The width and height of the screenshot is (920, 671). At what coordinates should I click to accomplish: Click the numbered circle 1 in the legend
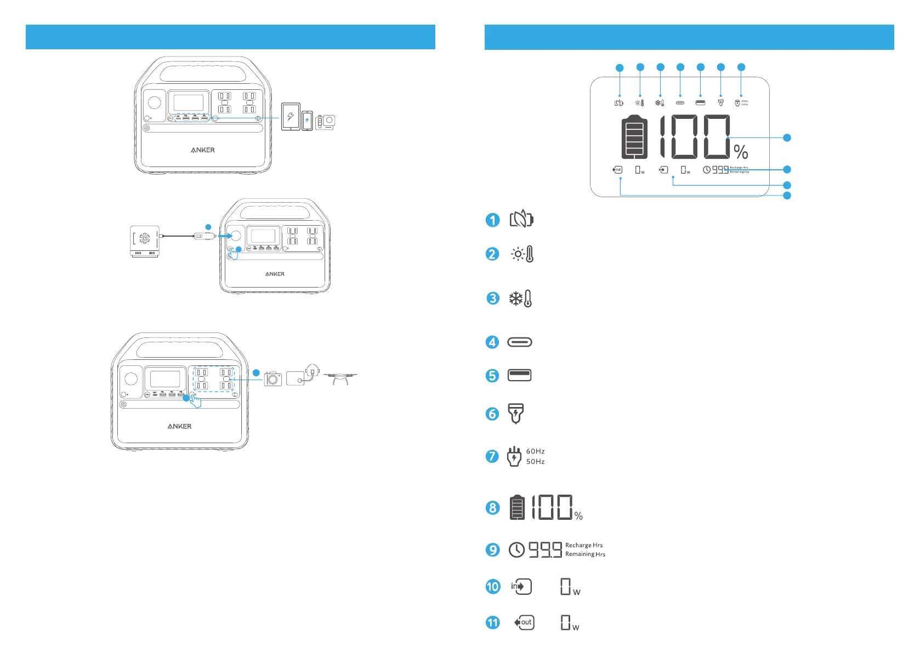tap(493, 220)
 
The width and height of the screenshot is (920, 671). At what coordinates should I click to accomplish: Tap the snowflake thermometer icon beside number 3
tap(521, 299)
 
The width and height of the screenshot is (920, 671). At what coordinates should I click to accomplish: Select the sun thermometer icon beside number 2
tap(522, 254)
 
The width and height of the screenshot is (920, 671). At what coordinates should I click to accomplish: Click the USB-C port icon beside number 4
tap(520, 342)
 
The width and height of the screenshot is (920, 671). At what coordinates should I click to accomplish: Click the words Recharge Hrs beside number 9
tap(584, 545)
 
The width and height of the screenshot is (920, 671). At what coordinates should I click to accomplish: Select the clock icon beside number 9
tap(516, 549)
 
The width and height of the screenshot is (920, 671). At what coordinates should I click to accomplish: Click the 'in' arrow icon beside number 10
tap(521, 587)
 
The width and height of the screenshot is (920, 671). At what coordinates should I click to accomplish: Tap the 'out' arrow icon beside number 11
tap(524, 622)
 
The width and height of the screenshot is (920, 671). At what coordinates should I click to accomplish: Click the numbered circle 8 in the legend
tap(493, 508)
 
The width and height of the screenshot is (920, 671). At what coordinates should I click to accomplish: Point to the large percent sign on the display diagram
tap(741, 152)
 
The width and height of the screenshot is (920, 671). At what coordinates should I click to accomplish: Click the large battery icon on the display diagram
tap(634, 137)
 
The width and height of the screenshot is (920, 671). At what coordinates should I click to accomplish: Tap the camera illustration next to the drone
tap(272, 378)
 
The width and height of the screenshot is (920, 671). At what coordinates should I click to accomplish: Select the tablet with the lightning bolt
tap(291, 117)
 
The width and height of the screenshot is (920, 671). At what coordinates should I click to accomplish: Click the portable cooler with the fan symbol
tap(145, 241)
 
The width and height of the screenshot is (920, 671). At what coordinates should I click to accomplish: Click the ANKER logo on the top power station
tap(203, 150)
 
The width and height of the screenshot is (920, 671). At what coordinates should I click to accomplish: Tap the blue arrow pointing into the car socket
tap(225, 236)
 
